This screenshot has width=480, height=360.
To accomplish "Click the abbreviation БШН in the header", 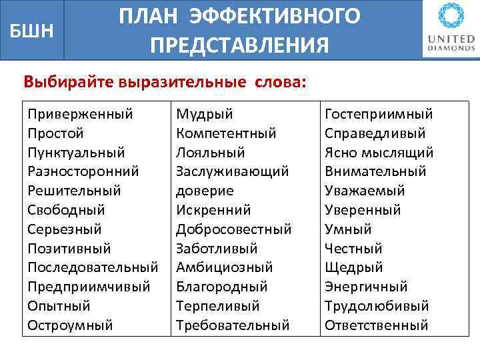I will [x=32, y=29].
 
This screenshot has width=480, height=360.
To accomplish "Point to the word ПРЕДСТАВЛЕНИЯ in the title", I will [x=239, y=45].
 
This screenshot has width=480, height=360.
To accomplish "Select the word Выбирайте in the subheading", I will [x=68, y=83].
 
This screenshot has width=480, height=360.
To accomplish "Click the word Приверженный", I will [x=80, y=115].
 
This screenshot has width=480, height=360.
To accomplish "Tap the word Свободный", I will [x=66, y=210].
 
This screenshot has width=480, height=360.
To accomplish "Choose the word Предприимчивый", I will [x=89, y=287].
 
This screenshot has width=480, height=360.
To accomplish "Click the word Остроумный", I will [x=70, y=325].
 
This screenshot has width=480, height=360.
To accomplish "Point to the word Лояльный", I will [x=211, y=153].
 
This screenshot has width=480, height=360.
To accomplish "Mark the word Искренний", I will [x=213, y=210].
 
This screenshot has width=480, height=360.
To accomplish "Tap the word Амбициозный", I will [x=224, y=267].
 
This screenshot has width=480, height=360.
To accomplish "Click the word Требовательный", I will [x=233, y=325].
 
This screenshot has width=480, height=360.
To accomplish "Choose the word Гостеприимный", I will [x=379, y=115].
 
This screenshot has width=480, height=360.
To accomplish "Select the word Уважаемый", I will [x=365, y=191].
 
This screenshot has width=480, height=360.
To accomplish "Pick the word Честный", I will [x=353, y=249].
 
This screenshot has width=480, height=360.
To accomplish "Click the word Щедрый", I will [x=353, y=267].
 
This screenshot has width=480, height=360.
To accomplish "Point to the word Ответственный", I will [x=376, y=325].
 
